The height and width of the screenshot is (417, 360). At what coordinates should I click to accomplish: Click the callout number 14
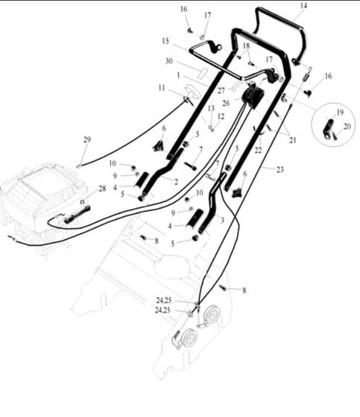pyautogui.click(x=303, y=6)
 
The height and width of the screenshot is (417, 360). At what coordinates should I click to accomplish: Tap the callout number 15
pyautogui.click(x=165, y=41)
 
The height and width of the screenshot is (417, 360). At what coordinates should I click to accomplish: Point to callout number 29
pyautogui.click(x=87, y=139)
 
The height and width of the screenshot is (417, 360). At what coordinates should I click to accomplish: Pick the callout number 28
pyautogui.click(x=102, y=188)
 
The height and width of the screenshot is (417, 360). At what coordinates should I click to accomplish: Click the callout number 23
pyautogui.click(x=280, y=169)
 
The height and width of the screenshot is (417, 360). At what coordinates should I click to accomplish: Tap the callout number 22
pyautogui.click(x=258, y=150)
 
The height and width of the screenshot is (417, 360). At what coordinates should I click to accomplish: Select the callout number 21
pyautogui.click(x=293, y=140)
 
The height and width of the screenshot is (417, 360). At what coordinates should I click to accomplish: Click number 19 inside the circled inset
pyautogui.click(x=340, y=112)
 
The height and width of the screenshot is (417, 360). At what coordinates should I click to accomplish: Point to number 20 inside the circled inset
pyautogui.click(x=347, y=127)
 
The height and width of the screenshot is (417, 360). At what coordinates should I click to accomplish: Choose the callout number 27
pyautogui.click(x=221, y=91)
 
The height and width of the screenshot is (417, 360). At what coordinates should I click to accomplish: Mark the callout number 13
pyautogui.click(x=211, y=108)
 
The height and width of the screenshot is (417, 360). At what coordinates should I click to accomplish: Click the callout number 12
pyautogui.click(x=221, y=116)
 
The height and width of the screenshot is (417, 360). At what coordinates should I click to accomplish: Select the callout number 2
pyautogui.click(x=176, y=182)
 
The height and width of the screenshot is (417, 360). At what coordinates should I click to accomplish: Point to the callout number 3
pyautogui.click(x=222, y=220)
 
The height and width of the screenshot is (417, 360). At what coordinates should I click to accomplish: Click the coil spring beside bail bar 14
pyautogui.click(x=307, y=74)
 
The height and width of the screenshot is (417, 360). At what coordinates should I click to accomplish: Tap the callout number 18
pyautogui.click(x=246, y=45)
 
